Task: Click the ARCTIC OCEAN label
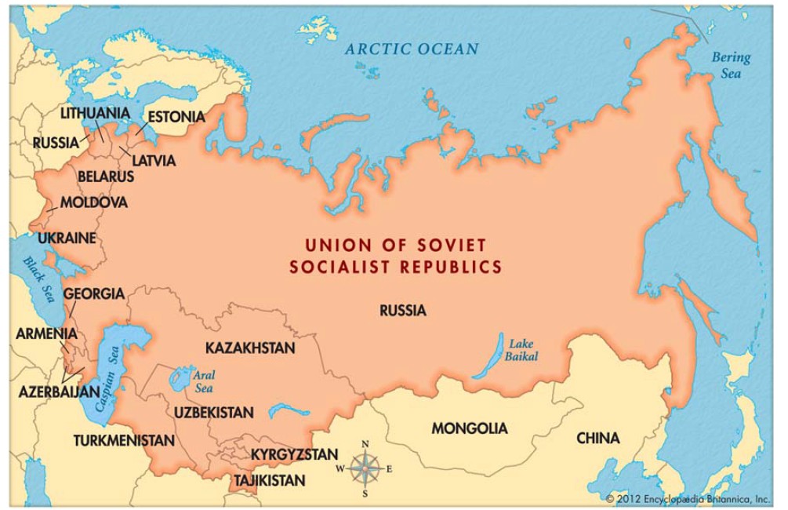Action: point(412,49)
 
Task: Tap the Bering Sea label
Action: point(731,66)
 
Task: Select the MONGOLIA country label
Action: point(469,428)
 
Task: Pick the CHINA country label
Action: point(597,438)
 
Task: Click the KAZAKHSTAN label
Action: point(250,347)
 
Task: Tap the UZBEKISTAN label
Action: point(214,412)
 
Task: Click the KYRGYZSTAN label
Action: point(294,454)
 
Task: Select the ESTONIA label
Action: point(176,117)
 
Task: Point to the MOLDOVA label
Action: point(93,202)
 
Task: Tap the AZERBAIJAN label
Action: point(60,391)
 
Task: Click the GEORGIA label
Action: point(93,294)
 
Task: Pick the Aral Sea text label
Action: point(204,381)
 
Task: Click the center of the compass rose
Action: point(365,469)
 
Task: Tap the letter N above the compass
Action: point(365,445)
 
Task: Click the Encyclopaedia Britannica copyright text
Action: point(688,498)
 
